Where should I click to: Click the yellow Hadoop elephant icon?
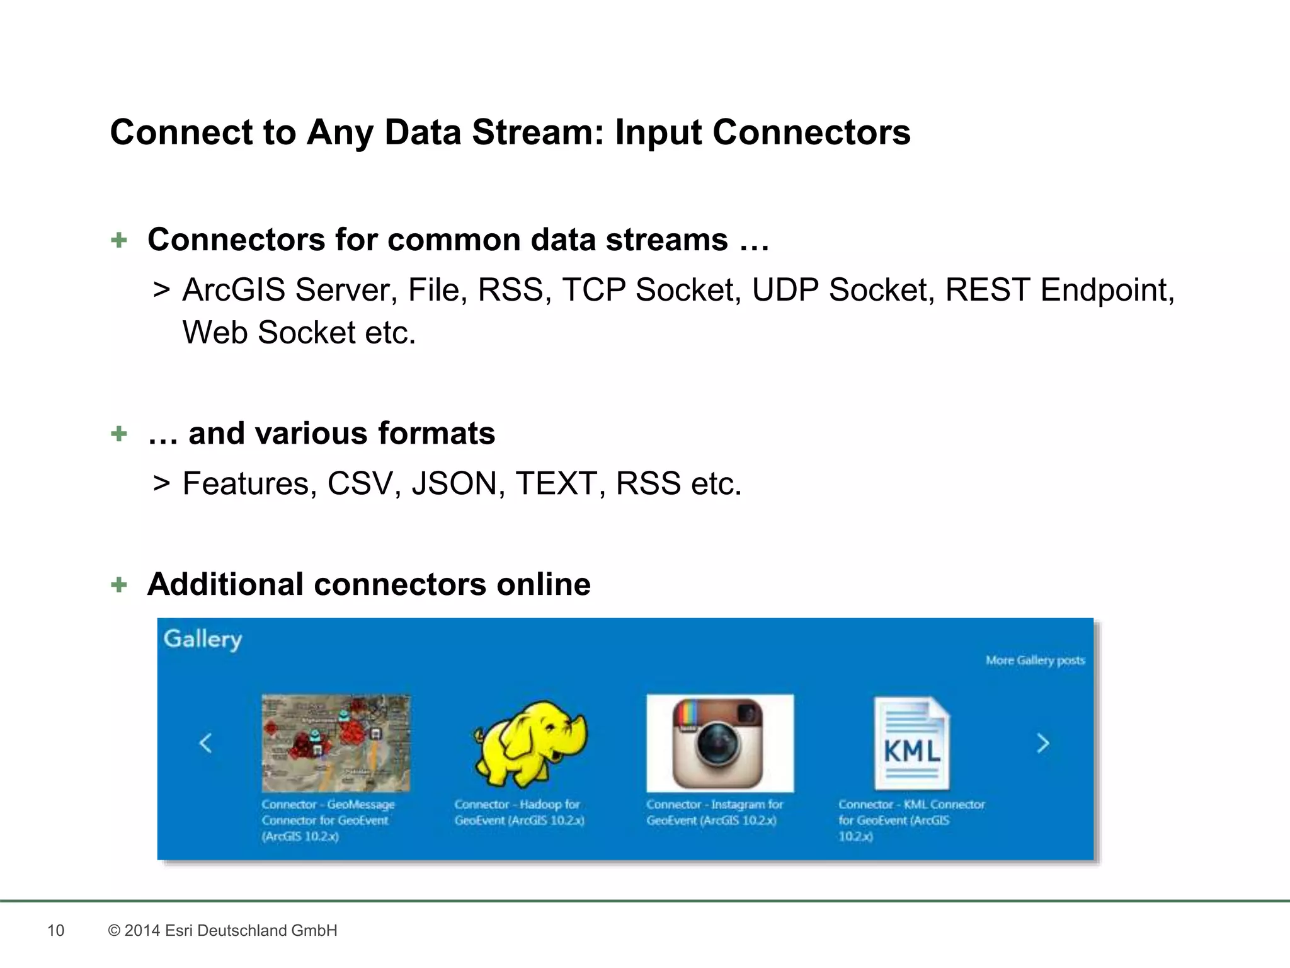(530, 744)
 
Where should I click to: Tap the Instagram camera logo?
(719, 744)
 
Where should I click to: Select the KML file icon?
(911, 744)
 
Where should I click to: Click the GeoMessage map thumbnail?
(336, 743)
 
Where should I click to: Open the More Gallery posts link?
(1035, 660)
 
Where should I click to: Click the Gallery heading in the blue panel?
(203, 639)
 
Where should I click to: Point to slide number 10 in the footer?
(55, 931)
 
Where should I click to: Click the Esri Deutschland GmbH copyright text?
(223, 931)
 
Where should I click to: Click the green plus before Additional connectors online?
(118, 585)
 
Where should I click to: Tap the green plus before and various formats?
(118, 434)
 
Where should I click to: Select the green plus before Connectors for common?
(118, 240)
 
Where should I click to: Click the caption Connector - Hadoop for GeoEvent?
(519, 812)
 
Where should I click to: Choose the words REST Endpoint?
(1059, 291)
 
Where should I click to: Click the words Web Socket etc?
(299, 333)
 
